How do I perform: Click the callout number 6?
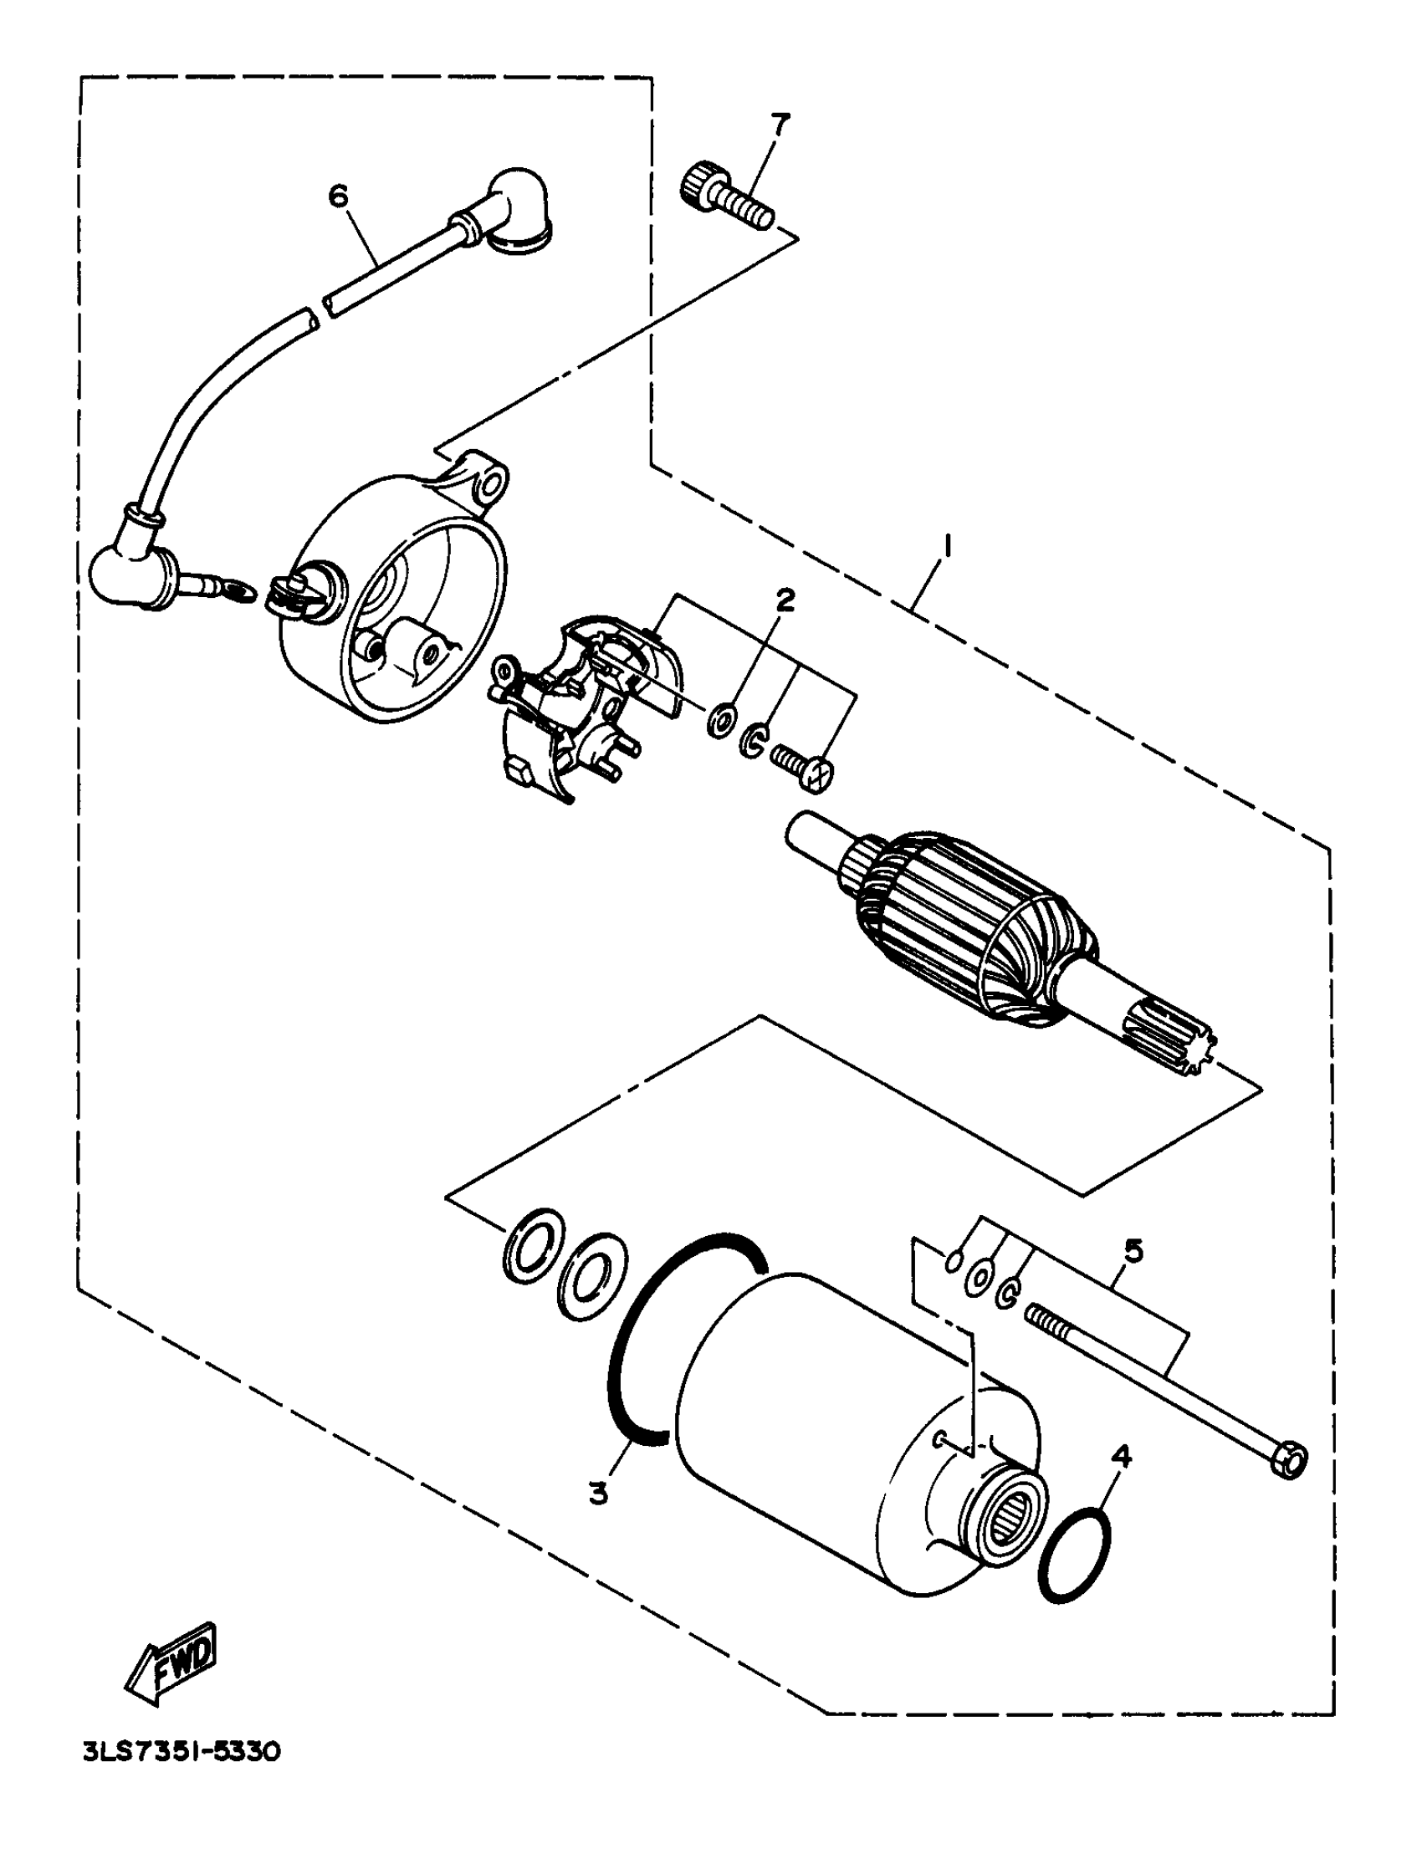[338, 197]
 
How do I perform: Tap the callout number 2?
[785, 601]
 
